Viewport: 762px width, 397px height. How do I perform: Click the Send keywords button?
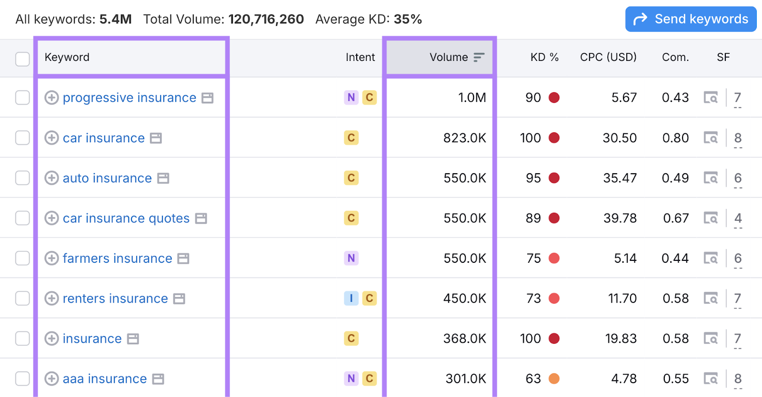tap(691, 19)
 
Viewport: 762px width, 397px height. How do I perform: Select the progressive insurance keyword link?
tap(129, 98)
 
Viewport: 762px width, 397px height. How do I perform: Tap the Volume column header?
tap(449, 57)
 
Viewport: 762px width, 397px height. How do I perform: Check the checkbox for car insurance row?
tap(22, 138)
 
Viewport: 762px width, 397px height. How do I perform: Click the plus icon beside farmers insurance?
tap(51, 258)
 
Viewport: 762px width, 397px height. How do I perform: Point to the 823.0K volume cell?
tap(464, 138)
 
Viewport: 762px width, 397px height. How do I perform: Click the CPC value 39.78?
tap(620, 218)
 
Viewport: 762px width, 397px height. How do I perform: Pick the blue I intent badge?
tap(351, 298)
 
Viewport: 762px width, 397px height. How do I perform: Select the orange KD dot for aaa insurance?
tap(554, 379)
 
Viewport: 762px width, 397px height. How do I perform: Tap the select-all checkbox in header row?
tap(22, 59)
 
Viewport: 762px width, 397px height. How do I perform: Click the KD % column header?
tap(544, 57)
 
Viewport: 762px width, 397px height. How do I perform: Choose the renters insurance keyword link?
tap(115, 298)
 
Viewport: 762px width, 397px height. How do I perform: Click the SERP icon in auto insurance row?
tap(711, 179)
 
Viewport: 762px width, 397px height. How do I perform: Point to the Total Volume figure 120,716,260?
tap(266, 19)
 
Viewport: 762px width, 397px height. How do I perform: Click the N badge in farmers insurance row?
tap(351, 258)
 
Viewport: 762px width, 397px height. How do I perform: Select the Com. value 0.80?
tap(675, 138)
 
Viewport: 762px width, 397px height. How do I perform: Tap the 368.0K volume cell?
tap(464, 338)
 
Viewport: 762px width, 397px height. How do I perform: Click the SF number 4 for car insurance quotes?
tap(738, 218)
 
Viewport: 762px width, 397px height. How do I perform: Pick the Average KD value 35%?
tap(408, 19)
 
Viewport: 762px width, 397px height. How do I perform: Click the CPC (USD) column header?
tap(608, 57)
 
